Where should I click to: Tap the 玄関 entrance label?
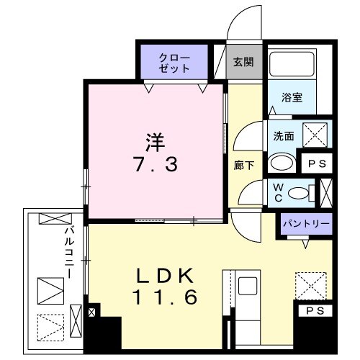click(243, 62)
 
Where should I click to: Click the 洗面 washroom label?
click(283, 134)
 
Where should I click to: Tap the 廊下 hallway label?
click(243, 165)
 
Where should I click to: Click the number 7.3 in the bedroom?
click(155, 165)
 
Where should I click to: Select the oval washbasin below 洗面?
click(282, 163)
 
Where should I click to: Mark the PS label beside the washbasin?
click(317, 163)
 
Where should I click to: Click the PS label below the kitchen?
click(315, 311)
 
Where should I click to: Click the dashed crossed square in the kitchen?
click(312, 284)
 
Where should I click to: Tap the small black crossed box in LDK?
click(91, 314)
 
